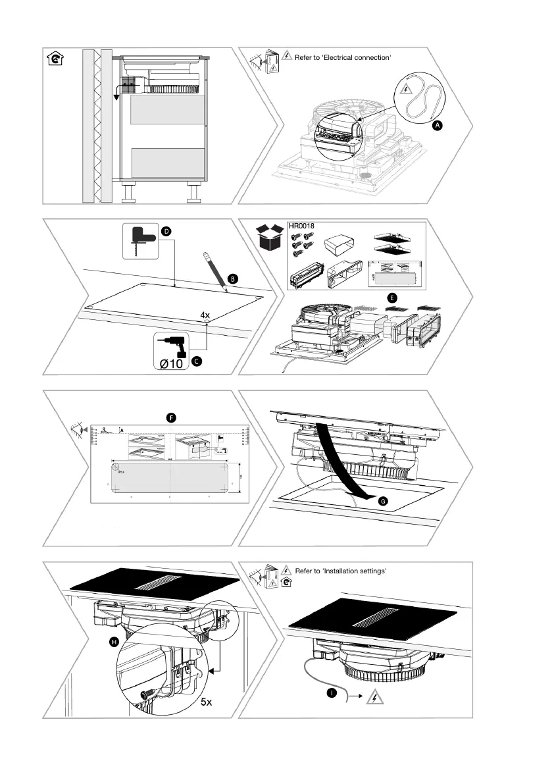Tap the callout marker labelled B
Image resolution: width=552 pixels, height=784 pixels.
tap(233, 279)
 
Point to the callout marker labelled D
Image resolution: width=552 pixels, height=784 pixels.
tap(166, 232)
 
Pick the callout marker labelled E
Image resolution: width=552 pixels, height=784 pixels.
tap(392, 298)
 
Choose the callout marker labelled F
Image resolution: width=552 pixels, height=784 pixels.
tap(170, 417)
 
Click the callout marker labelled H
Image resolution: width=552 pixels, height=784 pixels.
tap(114, 641)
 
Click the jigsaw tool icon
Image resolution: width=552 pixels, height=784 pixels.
tap(139, 240)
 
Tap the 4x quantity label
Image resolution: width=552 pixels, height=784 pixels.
tap(205, 315)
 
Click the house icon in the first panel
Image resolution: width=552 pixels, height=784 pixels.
tap(57, 59)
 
